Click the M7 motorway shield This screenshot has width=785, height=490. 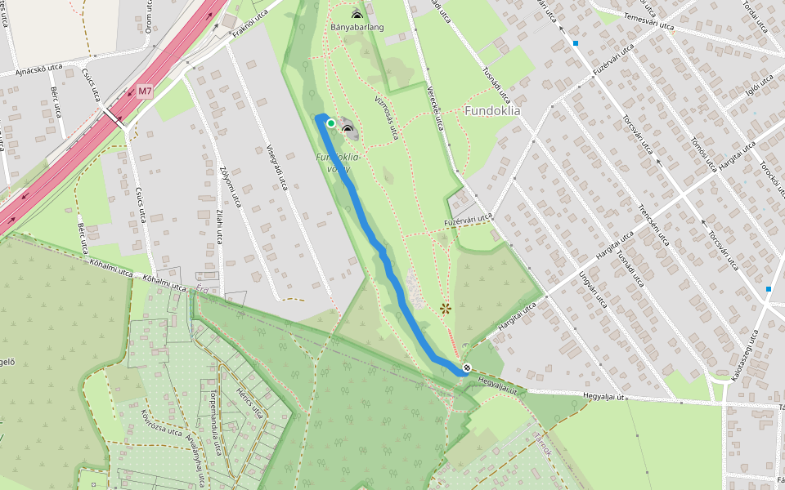[x=145, y=91]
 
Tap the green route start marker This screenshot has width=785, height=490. [x=330, y=123]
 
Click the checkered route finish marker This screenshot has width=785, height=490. [x=466, y=368]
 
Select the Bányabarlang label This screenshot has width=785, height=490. [x=357, y=27]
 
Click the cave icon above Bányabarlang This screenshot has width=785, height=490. [x=357, y=14]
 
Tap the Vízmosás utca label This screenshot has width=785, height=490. [x=386, y=118]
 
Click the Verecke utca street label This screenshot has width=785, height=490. [x=434, y=106]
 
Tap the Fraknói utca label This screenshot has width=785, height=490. [x=250, y=28]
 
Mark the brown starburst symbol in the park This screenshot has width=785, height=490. [x=445, y=308]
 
